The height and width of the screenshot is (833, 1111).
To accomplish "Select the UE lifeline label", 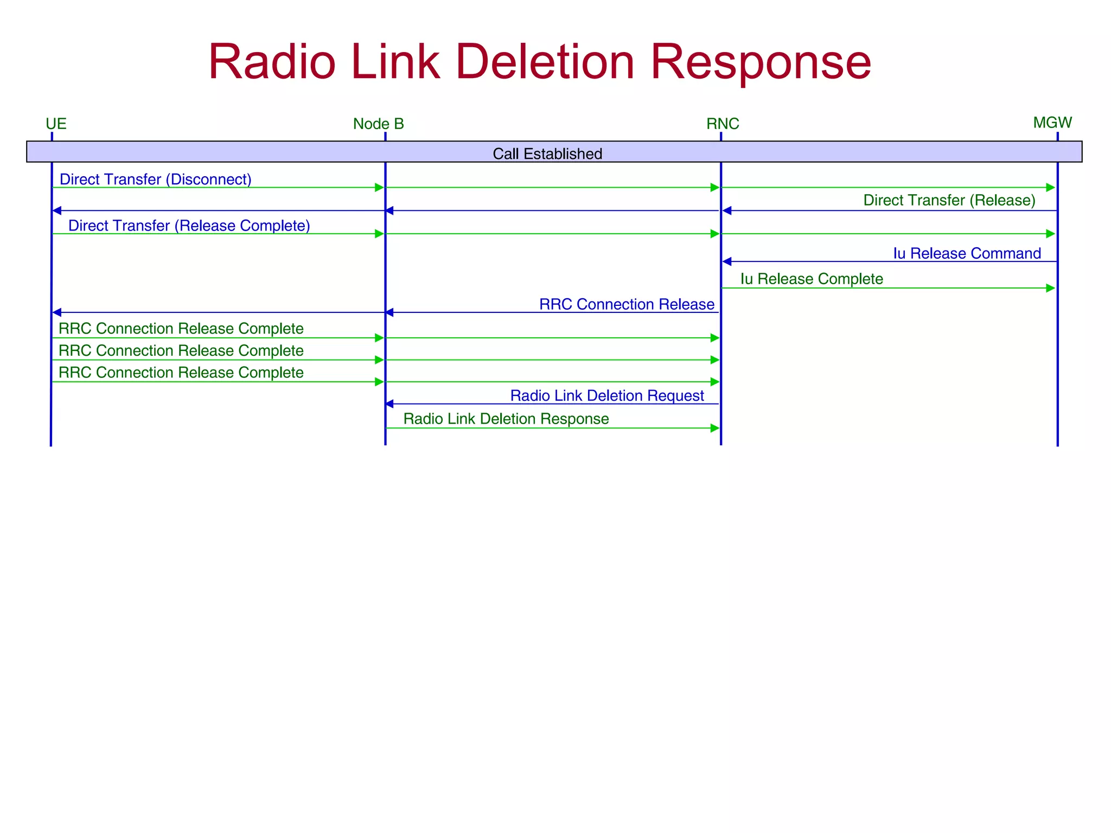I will (56, 124).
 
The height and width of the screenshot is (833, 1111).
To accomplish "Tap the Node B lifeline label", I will (378, 124).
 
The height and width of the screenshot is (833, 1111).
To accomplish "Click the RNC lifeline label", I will (722, 124).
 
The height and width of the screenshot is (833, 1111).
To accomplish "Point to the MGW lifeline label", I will (1052, 123).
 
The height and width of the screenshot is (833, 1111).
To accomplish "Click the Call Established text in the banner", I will (547, 154).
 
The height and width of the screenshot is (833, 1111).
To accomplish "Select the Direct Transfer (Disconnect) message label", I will (155, 180).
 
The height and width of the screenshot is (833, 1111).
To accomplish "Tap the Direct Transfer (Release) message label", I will (949, 201).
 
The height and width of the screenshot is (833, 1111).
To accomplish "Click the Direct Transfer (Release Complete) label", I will (189, 226).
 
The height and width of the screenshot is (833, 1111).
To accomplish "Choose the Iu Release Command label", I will (967, 253).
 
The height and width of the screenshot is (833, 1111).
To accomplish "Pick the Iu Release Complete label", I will (811, 279).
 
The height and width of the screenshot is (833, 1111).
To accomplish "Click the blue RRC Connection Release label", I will (626, 304).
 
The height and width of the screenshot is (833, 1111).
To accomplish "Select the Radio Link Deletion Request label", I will (606, 395).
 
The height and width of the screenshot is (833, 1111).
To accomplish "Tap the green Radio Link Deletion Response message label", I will (506, 419).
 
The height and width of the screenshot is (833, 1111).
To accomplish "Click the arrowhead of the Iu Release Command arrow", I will (727, 261).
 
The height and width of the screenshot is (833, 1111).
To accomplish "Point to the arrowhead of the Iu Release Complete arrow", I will (1050, 288).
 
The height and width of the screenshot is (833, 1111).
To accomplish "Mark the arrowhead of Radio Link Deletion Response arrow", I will (715, 428).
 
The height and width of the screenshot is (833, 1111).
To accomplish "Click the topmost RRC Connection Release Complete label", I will (181, 329).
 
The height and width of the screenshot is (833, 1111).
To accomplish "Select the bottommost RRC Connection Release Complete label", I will (181, 373).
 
